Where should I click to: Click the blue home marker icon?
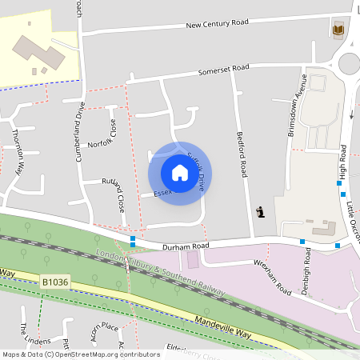(x=179, y=172)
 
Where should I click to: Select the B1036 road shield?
(x=56, y=282)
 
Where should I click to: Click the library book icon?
(x=338, y=30)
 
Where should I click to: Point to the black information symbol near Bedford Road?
(x=260, y=212)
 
